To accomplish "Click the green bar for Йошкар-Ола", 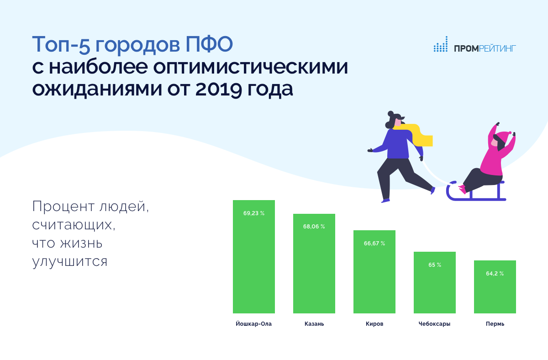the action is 254,257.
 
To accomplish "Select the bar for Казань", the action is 314,264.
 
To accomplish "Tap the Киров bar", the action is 374,272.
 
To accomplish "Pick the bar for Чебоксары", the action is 435,282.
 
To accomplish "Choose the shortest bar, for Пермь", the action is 495,287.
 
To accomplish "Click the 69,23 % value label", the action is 254,213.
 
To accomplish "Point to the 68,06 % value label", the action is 314,227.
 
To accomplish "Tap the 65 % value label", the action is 435,265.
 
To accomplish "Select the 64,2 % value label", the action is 495,274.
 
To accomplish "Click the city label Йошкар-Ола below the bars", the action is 254,324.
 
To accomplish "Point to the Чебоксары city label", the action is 434,324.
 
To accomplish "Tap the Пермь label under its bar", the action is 495,324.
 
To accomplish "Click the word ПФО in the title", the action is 209,44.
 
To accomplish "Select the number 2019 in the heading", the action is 219,89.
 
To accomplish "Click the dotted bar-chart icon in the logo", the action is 441,44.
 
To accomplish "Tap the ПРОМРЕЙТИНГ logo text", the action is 485,48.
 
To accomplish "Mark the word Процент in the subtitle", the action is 63,206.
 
